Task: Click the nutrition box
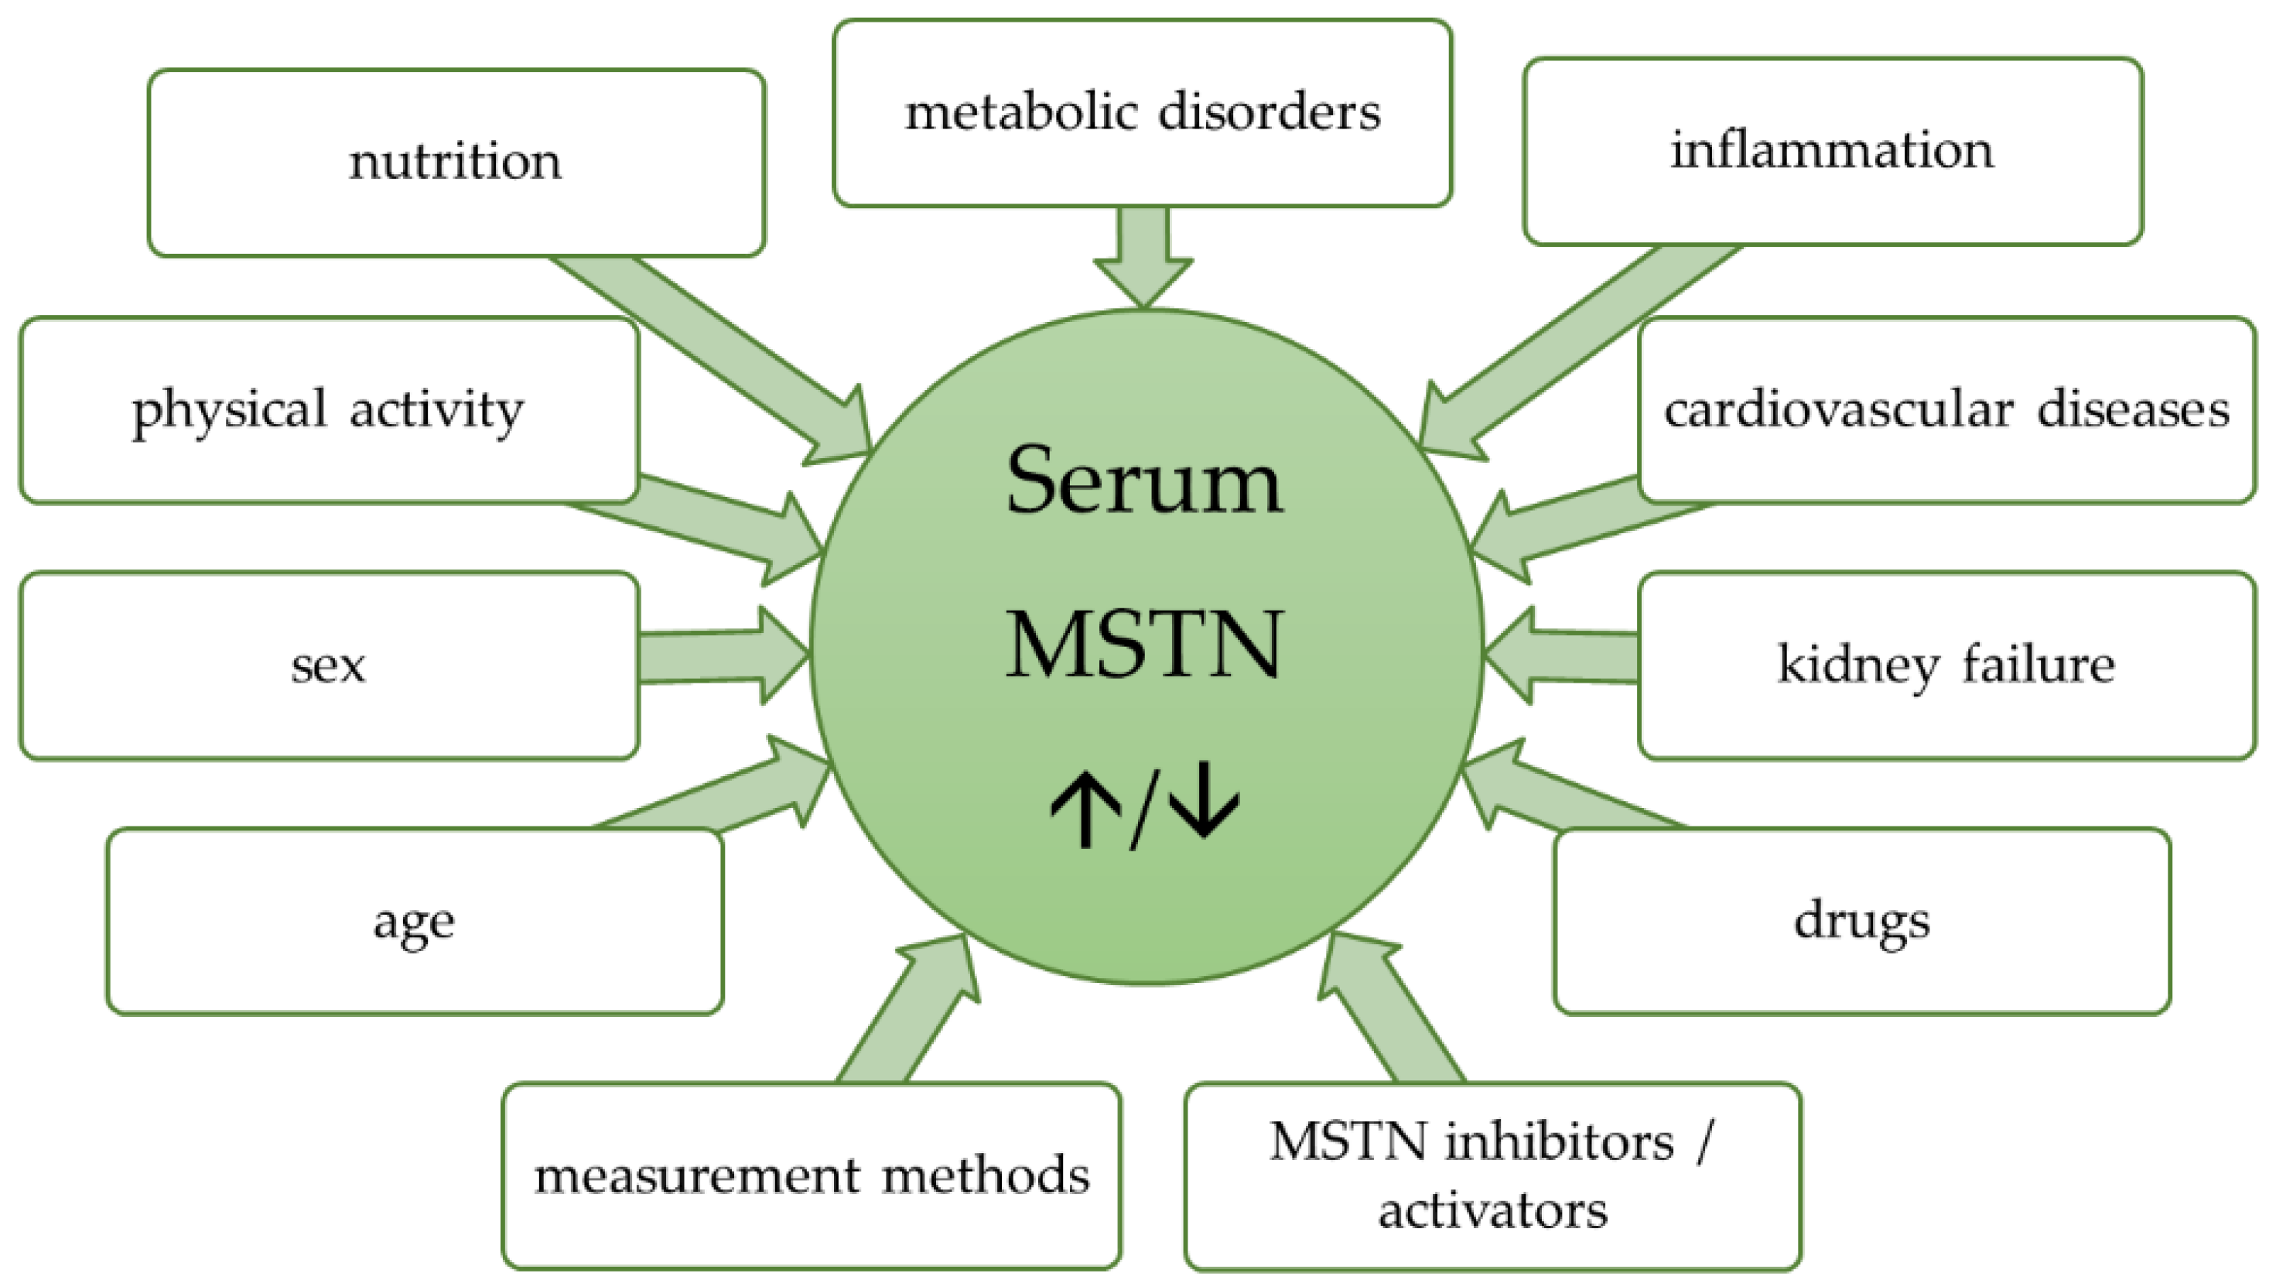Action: coord(456,163)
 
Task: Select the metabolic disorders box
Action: coord(1142,113)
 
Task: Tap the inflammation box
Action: coord(1833,150)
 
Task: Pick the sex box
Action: coord(329,666)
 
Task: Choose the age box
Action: coord(415,921)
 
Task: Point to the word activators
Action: coord(1492,1210)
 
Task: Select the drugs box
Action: coord(1861,921)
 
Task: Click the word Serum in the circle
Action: coord(1143,481)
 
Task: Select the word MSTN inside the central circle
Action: coord(1143,645)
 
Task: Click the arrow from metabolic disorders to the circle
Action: coord(1143,256)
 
